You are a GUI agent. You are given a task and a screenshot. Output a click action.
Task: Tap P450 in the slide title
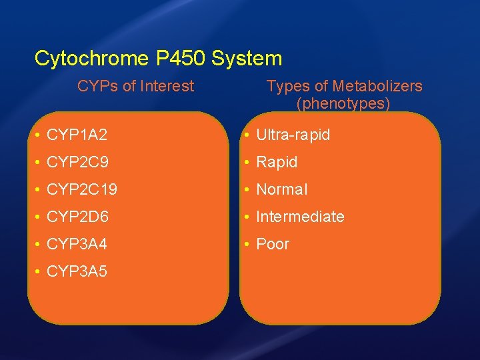(181, 59)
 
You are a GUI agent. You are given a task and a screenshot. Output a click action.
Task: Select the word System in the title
(247, 59)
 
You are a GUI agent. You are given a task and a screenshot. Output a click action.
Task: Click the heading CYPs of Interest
(135, 86)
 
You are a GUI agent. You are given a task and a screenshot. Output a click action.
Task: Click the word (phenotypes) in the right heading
(343, 104)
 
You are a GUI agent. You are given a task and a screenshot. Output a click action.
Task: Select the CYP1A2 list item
(77, 135)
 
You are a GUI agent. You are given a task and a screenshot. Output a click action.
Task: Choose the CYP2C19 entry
(82, 189)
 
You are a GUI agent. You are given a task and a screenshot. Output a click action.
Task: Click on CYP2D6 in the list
(77, 217)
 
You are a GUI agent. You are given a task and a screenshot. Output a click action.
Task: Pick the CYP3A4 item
(77, 244)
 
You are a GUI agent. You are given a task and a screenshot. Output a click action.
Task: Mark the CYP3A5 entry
(77, 271)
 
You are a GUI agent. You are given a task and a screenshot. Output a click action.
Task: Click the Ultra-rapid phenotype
(293, 135)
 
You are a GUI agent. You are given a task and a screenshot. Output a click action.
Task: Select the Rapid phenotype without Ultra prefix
(277, 162)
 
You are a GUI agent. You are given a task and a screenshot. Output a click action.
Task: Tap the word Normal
(281, 189)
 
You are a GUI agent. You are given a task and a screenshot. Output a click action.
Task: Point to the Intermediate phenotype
(300, 217)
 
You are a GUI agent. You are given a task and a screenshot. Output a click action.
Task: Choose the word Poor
(273, 244)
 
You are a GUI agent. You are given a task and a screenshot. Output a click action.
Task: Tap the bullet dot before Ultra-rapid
(247, 135)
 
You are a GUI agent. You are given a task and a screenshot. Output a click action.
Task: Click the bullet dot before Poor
(247, 244)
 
